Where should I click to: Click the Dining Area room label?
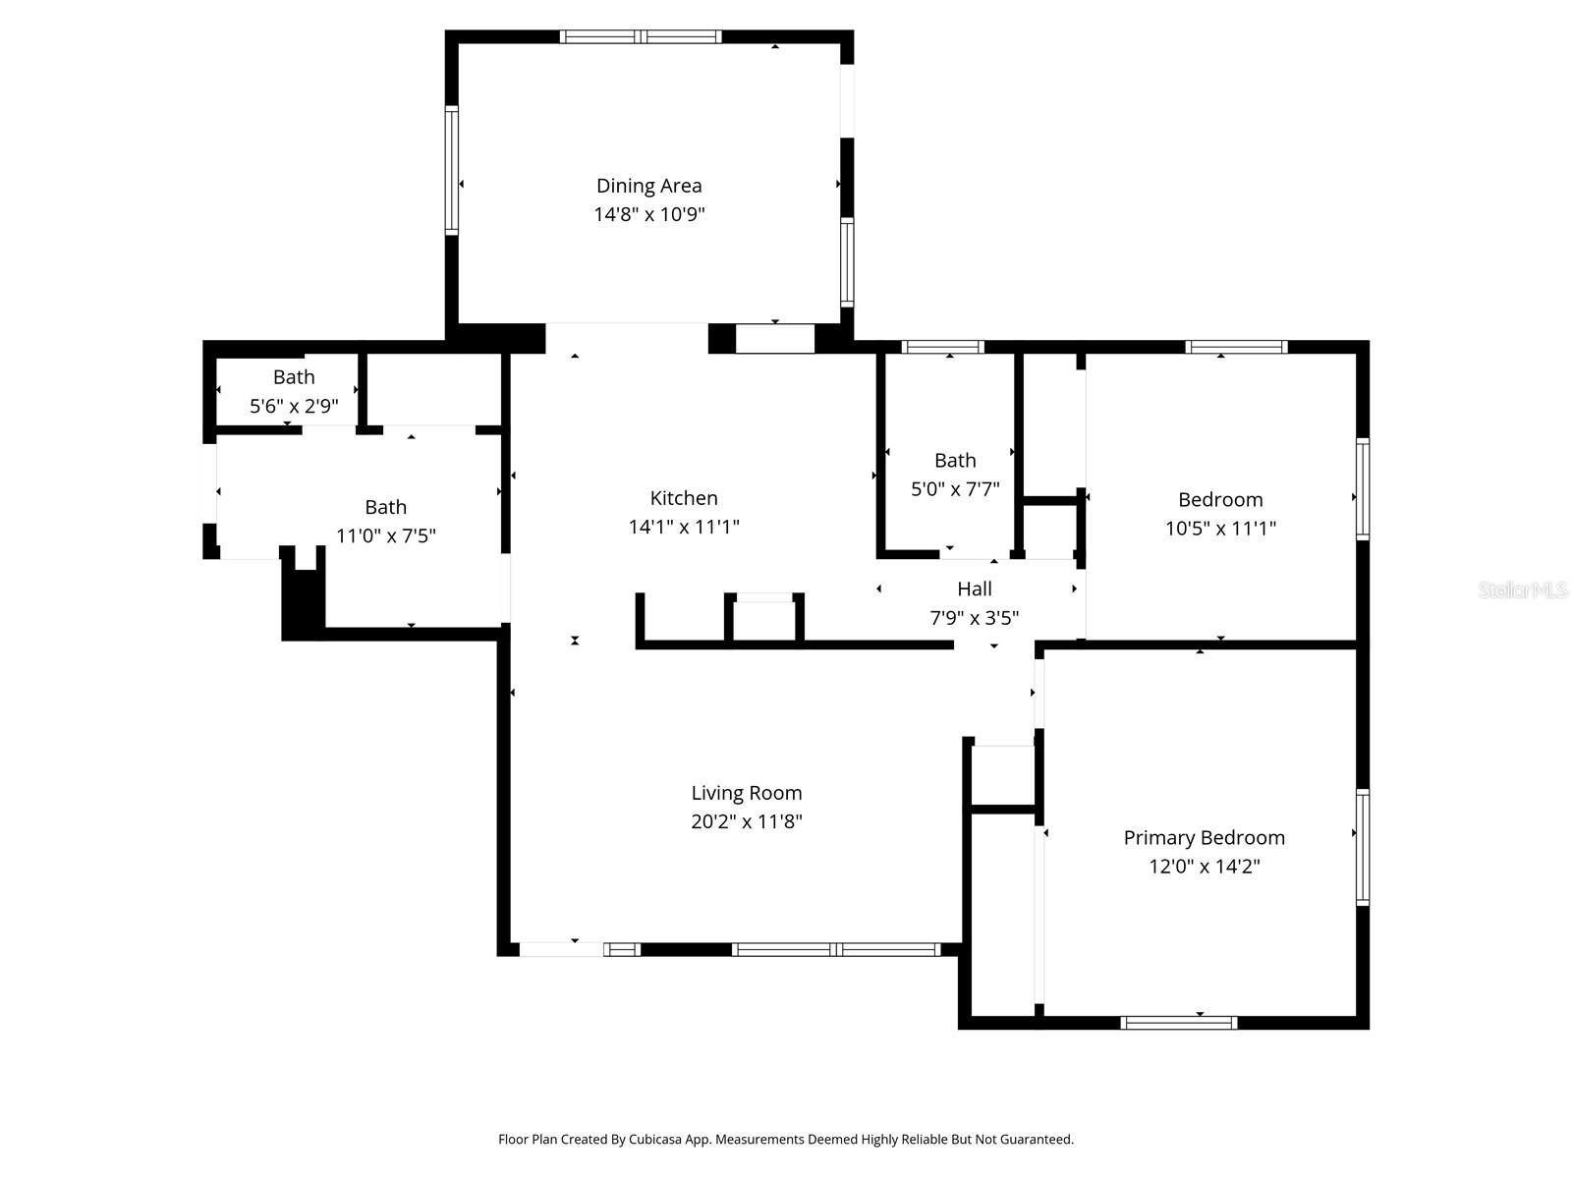click(648, 186)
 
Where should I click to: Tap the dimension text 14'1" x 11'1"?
click(684, 527)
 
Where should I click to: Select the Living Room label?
click(747, 793)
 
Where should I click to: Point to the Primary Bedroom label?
click(1204, 838)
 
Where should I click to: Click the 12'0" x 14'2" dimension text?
click(1204, 867)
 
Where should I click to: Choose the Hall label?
click(975, 589)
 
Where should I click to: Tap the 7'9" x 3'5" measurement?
click(975, 618)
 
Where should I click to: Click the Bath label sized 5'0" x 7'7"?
click(955, 461)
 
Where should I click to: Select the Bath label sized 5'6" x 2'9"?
click(294, 377)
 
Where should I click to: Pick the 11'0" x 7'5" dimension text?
click(386, 536)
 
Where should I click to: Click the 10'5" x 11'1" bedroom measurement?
click(1220, 529)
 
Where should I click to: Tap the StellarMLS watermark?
click(1523, 590)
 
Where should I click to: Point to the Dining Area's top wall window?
click(641, 37)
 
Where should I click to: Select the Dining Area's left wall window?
click(452, 170)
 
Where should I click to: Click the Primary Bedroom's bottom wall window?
click(1178, 1023)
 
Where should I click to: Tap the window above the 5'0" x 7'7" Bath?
click(942, 347)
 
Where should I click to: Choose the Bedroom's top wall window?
click(1236, 347)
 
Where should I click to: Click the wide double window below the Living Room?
click(836, 949)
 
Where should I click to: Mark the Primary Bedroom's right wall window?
click(1363, 847)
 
